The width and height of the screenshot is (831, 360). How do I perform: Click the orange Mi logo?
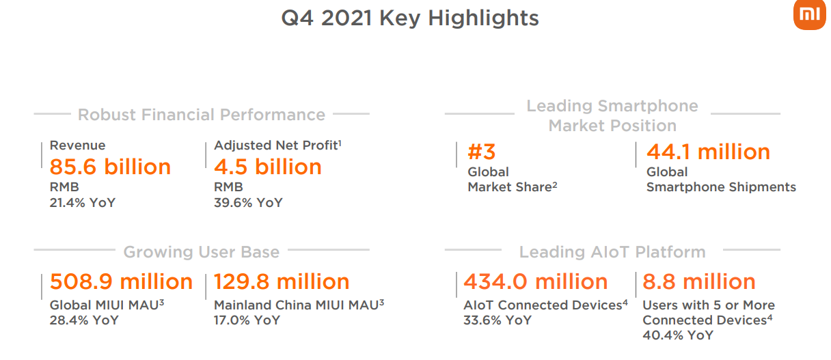pos(810,14)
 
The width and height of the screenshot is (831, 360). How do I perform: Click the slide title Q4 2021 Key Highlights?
pos(410,18)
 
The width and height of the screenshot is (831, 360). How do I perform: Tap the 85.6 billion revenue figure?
pos(110,167)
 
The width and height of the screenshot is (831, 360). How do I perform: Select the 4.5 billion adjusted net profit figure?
pos(268,167)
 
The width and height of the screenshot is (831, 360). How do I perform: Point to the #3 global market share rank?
pos(482,152)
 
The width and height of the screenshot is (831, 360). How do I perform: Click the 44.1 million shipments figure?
pos(708,152)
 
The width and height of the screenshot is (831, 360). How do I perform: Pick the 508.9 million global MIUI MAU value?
pos(122,281)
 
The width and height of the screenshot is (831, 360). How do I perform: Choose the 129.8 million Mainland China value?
pos(282,281)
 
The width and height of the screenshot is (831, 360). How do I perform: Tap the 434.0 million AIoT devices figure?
pos(535,281)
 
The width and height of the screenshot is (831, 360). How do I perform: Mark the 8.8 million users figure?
pos(699,281)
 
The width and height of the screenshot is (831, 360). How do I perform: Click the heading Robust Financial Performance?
pos(202,115)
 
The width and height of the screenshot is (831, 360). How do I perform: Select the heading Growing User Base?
pos(202,252)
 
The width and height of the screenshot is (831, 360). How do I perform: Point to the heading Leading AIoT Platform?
pos(612,252)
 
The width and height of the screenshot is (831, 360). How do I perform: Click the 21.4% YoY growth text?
pos(83,203)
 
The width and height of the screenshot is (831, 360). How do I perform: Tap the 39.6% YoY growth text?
pos(248,203)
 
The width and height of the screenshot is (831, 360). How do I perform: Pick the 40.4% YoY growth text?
pos(678,335)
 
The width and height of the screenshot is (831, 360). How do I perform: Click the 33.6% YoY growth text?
pos(498,320)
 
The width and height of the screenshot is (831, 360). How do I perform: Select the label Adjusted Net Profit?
pos(277,146)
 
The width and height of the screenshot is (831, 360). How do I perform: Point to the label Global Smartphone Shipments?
pos(721,180)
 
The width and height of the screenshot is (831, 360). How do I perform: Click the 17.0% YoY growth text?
pos(247,320)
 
